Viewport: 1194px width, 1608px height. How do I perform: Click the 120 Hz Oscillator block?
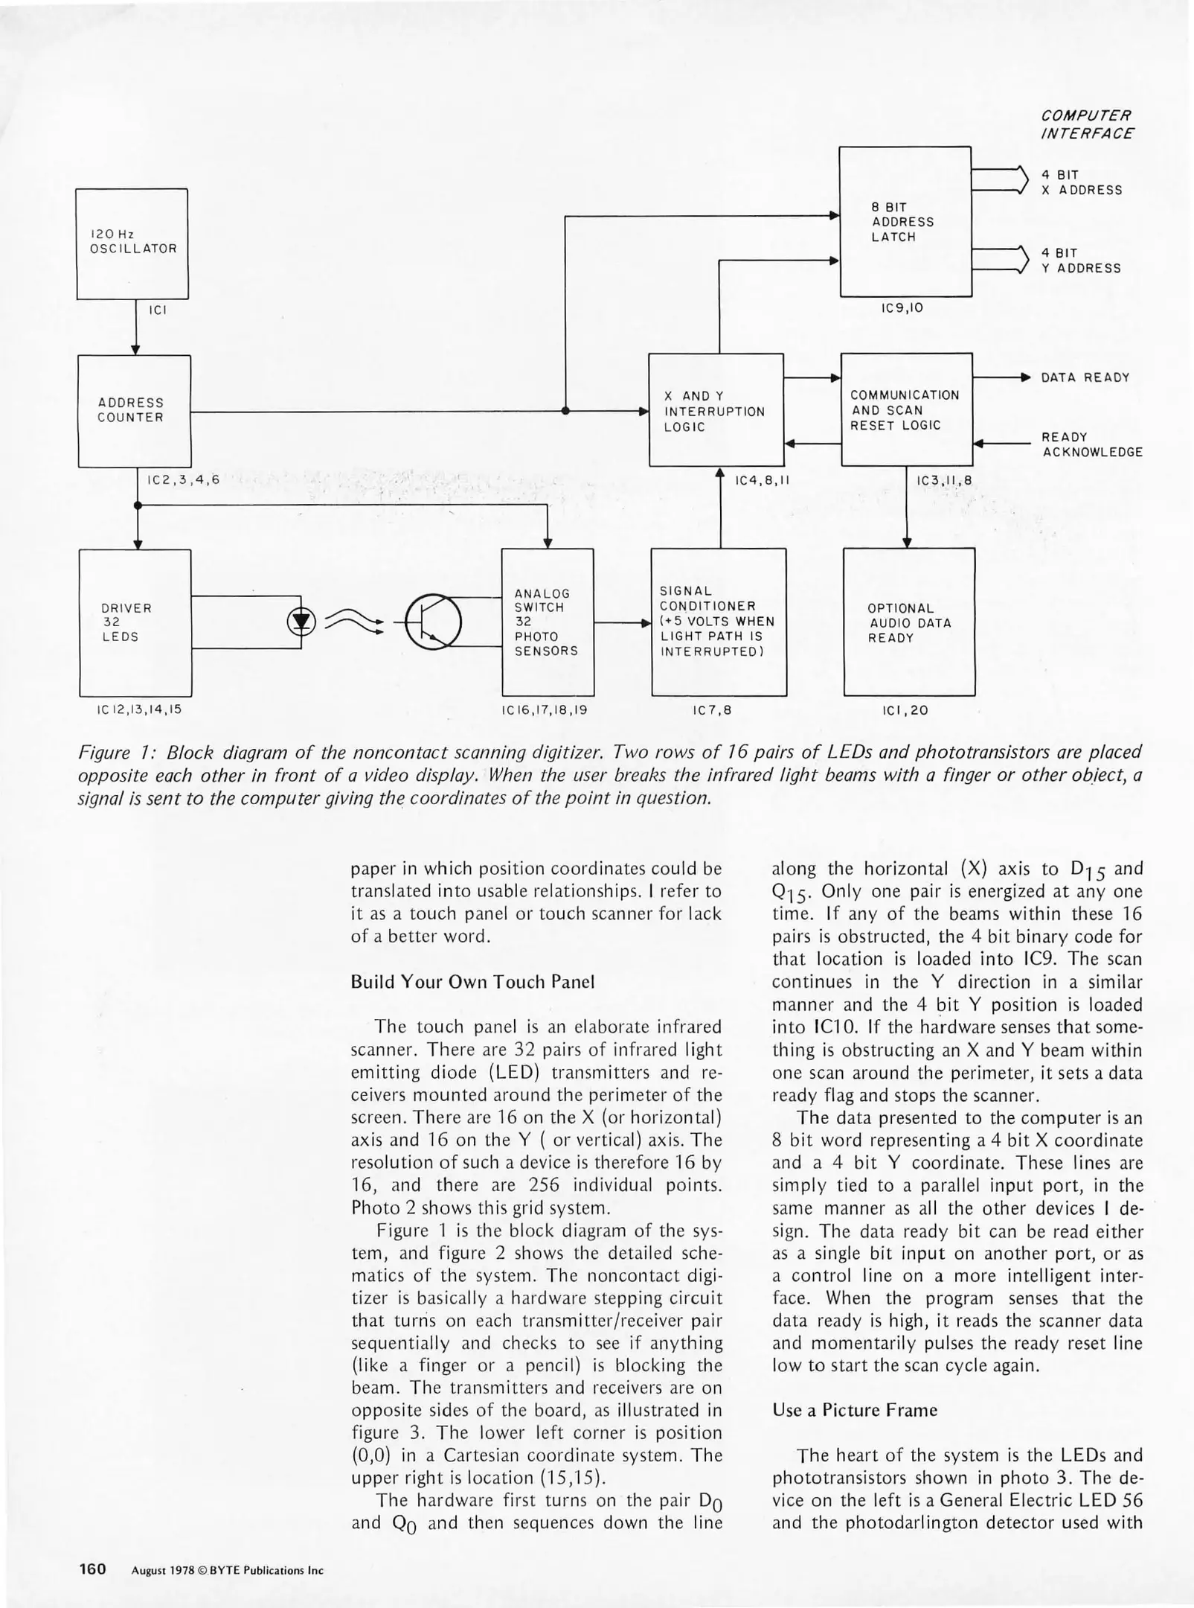(132, 243)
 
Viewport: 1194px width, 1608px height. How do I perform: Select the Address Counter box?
(134, 411)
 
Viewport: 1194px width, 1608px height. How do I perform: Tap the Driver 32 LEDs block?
(135, 622)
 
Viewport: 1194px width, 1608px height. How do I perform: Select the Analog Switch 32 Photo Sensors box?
(548, 622)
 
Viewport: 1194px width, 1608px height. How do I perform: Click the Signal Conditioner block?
(718, 622)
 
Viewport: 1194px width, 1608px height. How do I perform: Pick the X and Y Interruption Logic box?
(716, 410)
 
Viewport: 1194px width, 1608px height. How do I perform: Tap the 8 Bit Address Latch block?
(905, 221)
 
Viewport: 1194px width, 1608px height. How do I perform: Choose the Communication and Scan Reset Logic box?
(906, 409)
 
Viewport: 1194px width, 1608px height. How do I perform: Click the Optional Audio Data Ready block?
(908, 622)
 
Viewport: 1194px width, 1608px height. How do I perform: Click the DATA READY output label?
(1085, 377)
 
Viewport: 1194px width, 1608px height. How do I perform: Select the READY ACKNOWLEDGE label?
(1091, 444)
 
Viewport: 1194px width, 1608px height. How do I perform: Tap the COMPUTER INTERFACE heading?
(1087, 125)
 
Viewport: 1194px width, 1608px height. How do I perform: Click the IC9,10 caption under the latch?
(902, 307)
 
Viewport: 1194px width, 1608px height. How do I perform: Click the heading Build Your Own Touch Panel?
(472, 981)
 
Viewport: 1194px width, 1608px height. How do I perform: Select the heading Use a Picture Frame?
(855, 1410)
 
